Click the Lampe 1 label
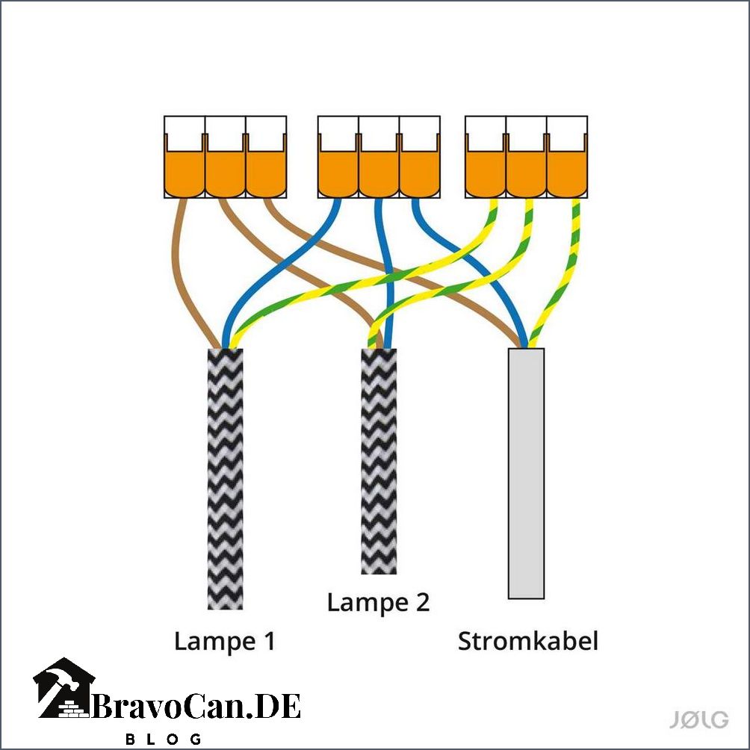coord(224,641)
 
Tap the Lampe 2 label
coord(378,602)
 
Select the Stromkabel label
coord(528,641)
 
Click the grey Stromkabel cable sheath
coord(526,474)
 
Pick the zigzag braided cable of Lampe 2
coord(379,461)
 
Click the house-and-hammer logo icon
coord(63,688)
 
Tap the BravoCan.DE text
coord(196,706)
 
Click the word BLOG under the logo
coord(163,739)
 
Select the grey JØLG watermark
coord(698,719)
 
